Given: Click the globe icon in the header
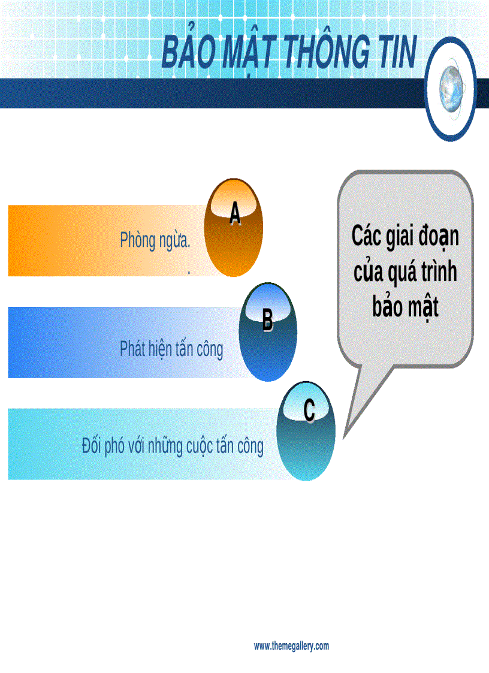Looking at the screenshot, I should click(x=451, y=90).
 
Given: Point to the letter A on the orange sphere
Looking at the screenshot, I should click(x=235, y=214).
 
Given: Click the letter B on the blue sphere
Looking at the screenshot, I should click(x=267, y=320).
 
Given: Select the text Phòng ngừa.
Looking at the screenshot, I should click(x=155, y=240).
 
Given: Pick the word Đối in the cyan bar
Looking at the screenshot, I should click(x=93, y=446).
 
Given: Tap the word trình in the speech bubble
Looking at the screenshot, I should click(x=434, y=272).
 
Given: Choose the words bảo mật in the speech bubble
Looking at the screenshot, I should click(x=405, y=307).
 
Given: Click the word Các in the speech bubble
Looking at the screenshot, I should click(x=367, y=236).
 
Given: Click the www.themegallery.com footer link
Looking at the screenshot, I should click(x=291, y=646).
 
